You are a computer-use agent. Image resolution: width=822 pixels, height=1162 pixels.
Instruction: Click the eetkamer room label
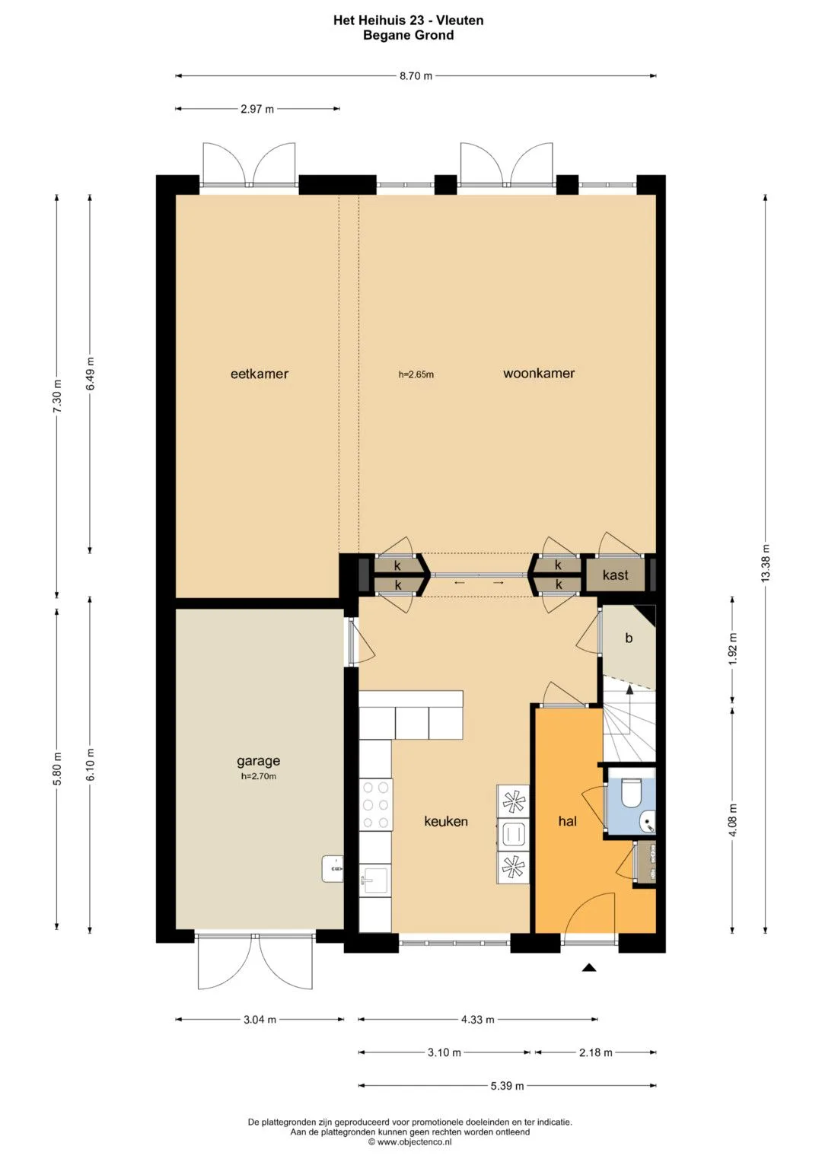click(x=259, y=374)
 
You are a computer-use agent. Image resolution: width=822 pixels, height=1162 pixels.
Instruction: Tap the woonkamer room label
click(x=539, y=373)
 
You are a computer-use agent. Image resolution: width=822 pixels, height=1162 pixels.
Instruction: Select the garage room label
click(x=259, y=761)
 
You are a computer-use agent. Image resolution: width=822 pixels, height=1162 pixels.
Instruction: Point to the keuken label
click(x=446, y=821)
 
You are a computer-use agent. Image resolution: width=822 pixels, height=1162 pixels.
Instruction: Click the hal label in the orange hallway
click(x=567, y=820)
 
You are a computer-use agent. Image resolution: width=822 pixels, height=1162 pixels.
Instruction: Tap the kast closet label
click(x=616, y=575)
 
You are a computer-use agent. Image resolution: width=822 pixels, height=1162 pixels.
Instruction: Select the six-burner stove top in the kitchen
click(x=376, y=804)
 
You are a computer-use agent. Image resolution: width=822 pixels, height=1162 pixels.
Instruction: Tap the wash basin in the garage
click(x=333, y=869)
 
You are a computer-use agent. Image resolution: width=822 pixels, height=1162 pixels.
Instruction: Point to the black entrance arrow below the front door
click(x=588, y=967)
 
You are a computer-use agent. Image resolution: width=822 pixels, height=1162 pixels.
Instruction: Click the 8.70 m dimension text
click(x=416, y=76)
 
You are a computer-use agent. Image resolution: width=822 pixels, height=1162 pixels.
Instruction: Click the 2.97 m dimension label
click(x=257, y=109)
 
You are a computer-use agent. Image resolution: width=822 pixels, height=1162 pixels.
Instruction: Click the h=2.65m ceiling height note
click(x=416, y=374)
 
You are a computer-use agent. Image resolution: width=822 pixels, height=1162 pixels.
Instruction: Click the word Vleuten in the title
click(x=460, y=21)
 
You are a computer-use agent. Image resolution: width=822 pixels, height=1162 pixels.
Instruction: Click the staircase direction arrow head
click(x=629, y=689)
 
